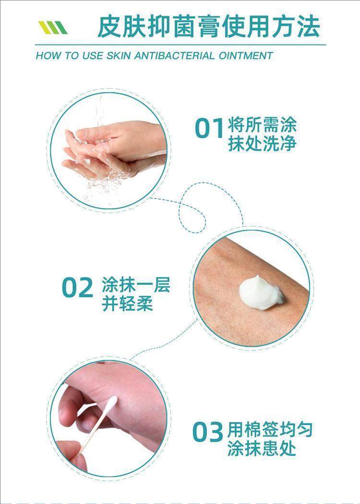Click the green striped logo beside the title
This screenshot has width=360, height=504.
(x=53, y=28)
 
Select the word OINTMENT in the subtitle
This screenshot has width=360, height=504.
(x=245, y=56)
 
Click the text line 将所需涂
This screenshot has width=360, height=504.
(x=262, y=125)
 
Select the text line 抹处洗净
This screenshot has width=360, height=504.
(x=262, y=144)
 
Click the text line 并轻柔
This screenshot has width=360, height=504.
(x=128, y=304)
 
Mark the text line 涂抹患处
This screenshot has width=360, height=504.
(x=262, y=449)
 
